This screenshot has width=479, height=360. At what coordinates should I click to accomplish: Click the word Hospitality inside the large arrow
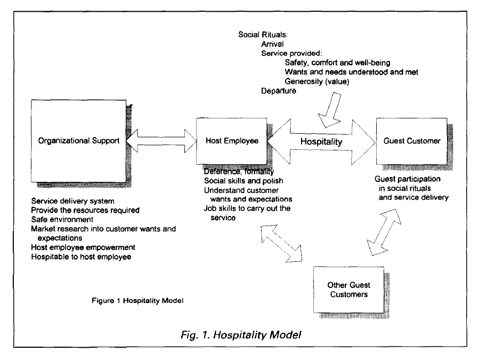click(321, 142)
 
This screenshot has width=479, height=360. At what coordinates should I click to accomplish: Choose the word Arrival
click(273, 45)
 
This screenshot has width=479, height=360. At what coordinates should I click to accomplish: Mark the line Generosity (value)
click(319, 81)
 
